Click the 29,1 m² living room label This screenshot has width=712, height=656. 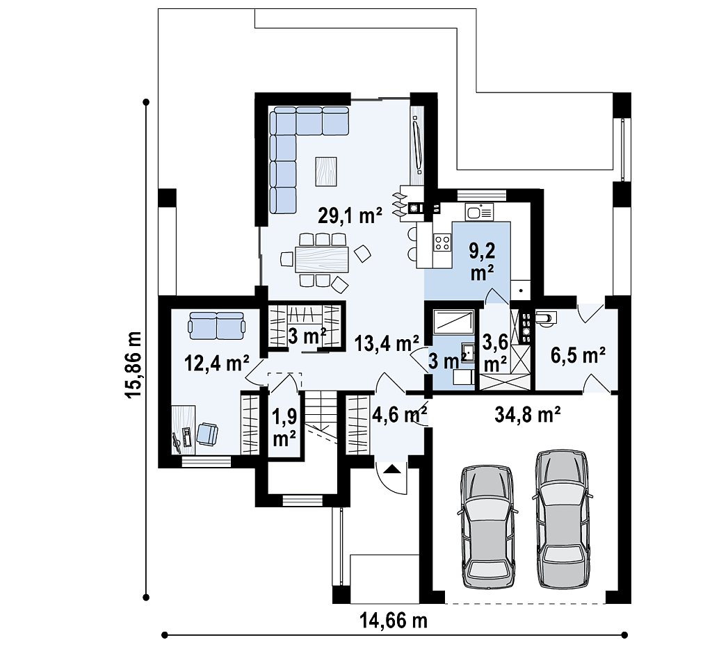point(350,215)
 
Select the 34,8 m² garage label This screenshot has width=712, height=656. point(527,413)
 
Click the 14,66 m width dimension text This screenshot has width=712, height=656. point(394,620)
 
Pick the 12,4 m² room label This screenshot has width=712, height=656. point(217,363)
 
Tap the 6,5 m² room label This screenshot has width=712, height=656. point(578,355)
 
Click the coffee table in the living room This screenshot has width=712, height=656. point(326,171)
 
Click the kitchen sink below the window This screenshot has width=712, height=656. point(479,212)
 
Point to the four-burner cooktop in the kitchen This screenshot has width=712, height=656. point(442,243)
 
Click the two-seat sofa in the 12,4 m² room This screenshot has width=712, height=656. point(217,325)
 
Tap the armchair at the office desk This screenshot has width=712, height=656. point(207,433)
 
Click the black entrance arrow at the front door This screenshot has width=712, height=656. point(391,468)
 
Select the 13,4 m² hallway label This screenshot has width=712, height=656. point(387,343)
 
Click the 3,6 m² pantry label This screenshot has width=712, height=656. point(495,352)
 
